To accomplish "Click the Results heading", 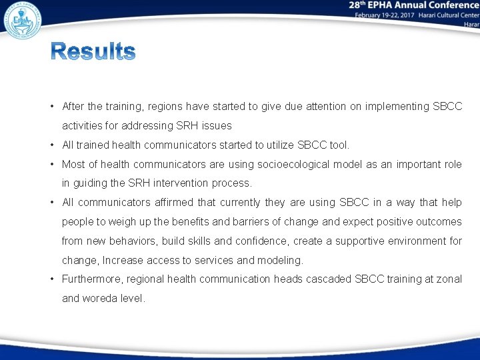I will tap(93, 52).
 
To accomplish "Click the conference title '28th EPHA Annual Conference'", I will tap(413, 5).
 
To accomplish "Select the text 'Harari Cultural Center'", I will tap(441, 15).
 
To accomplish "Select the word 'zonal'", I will tap(449, 279).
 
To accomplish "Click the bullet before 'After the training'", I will tap(51, 107).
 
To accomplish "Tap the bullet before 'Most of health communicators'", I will tap(51, 164).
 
